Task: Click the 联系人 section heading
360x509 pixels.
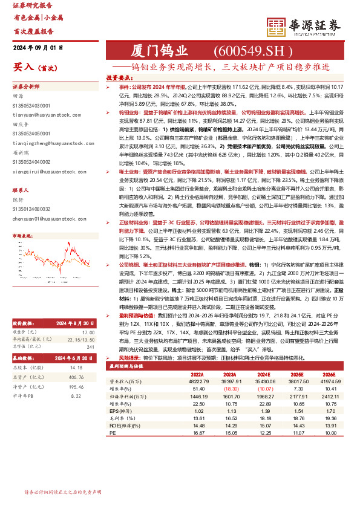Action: point(21,190)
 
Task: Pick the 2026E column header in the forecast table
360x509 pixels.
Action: point(327,374)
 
